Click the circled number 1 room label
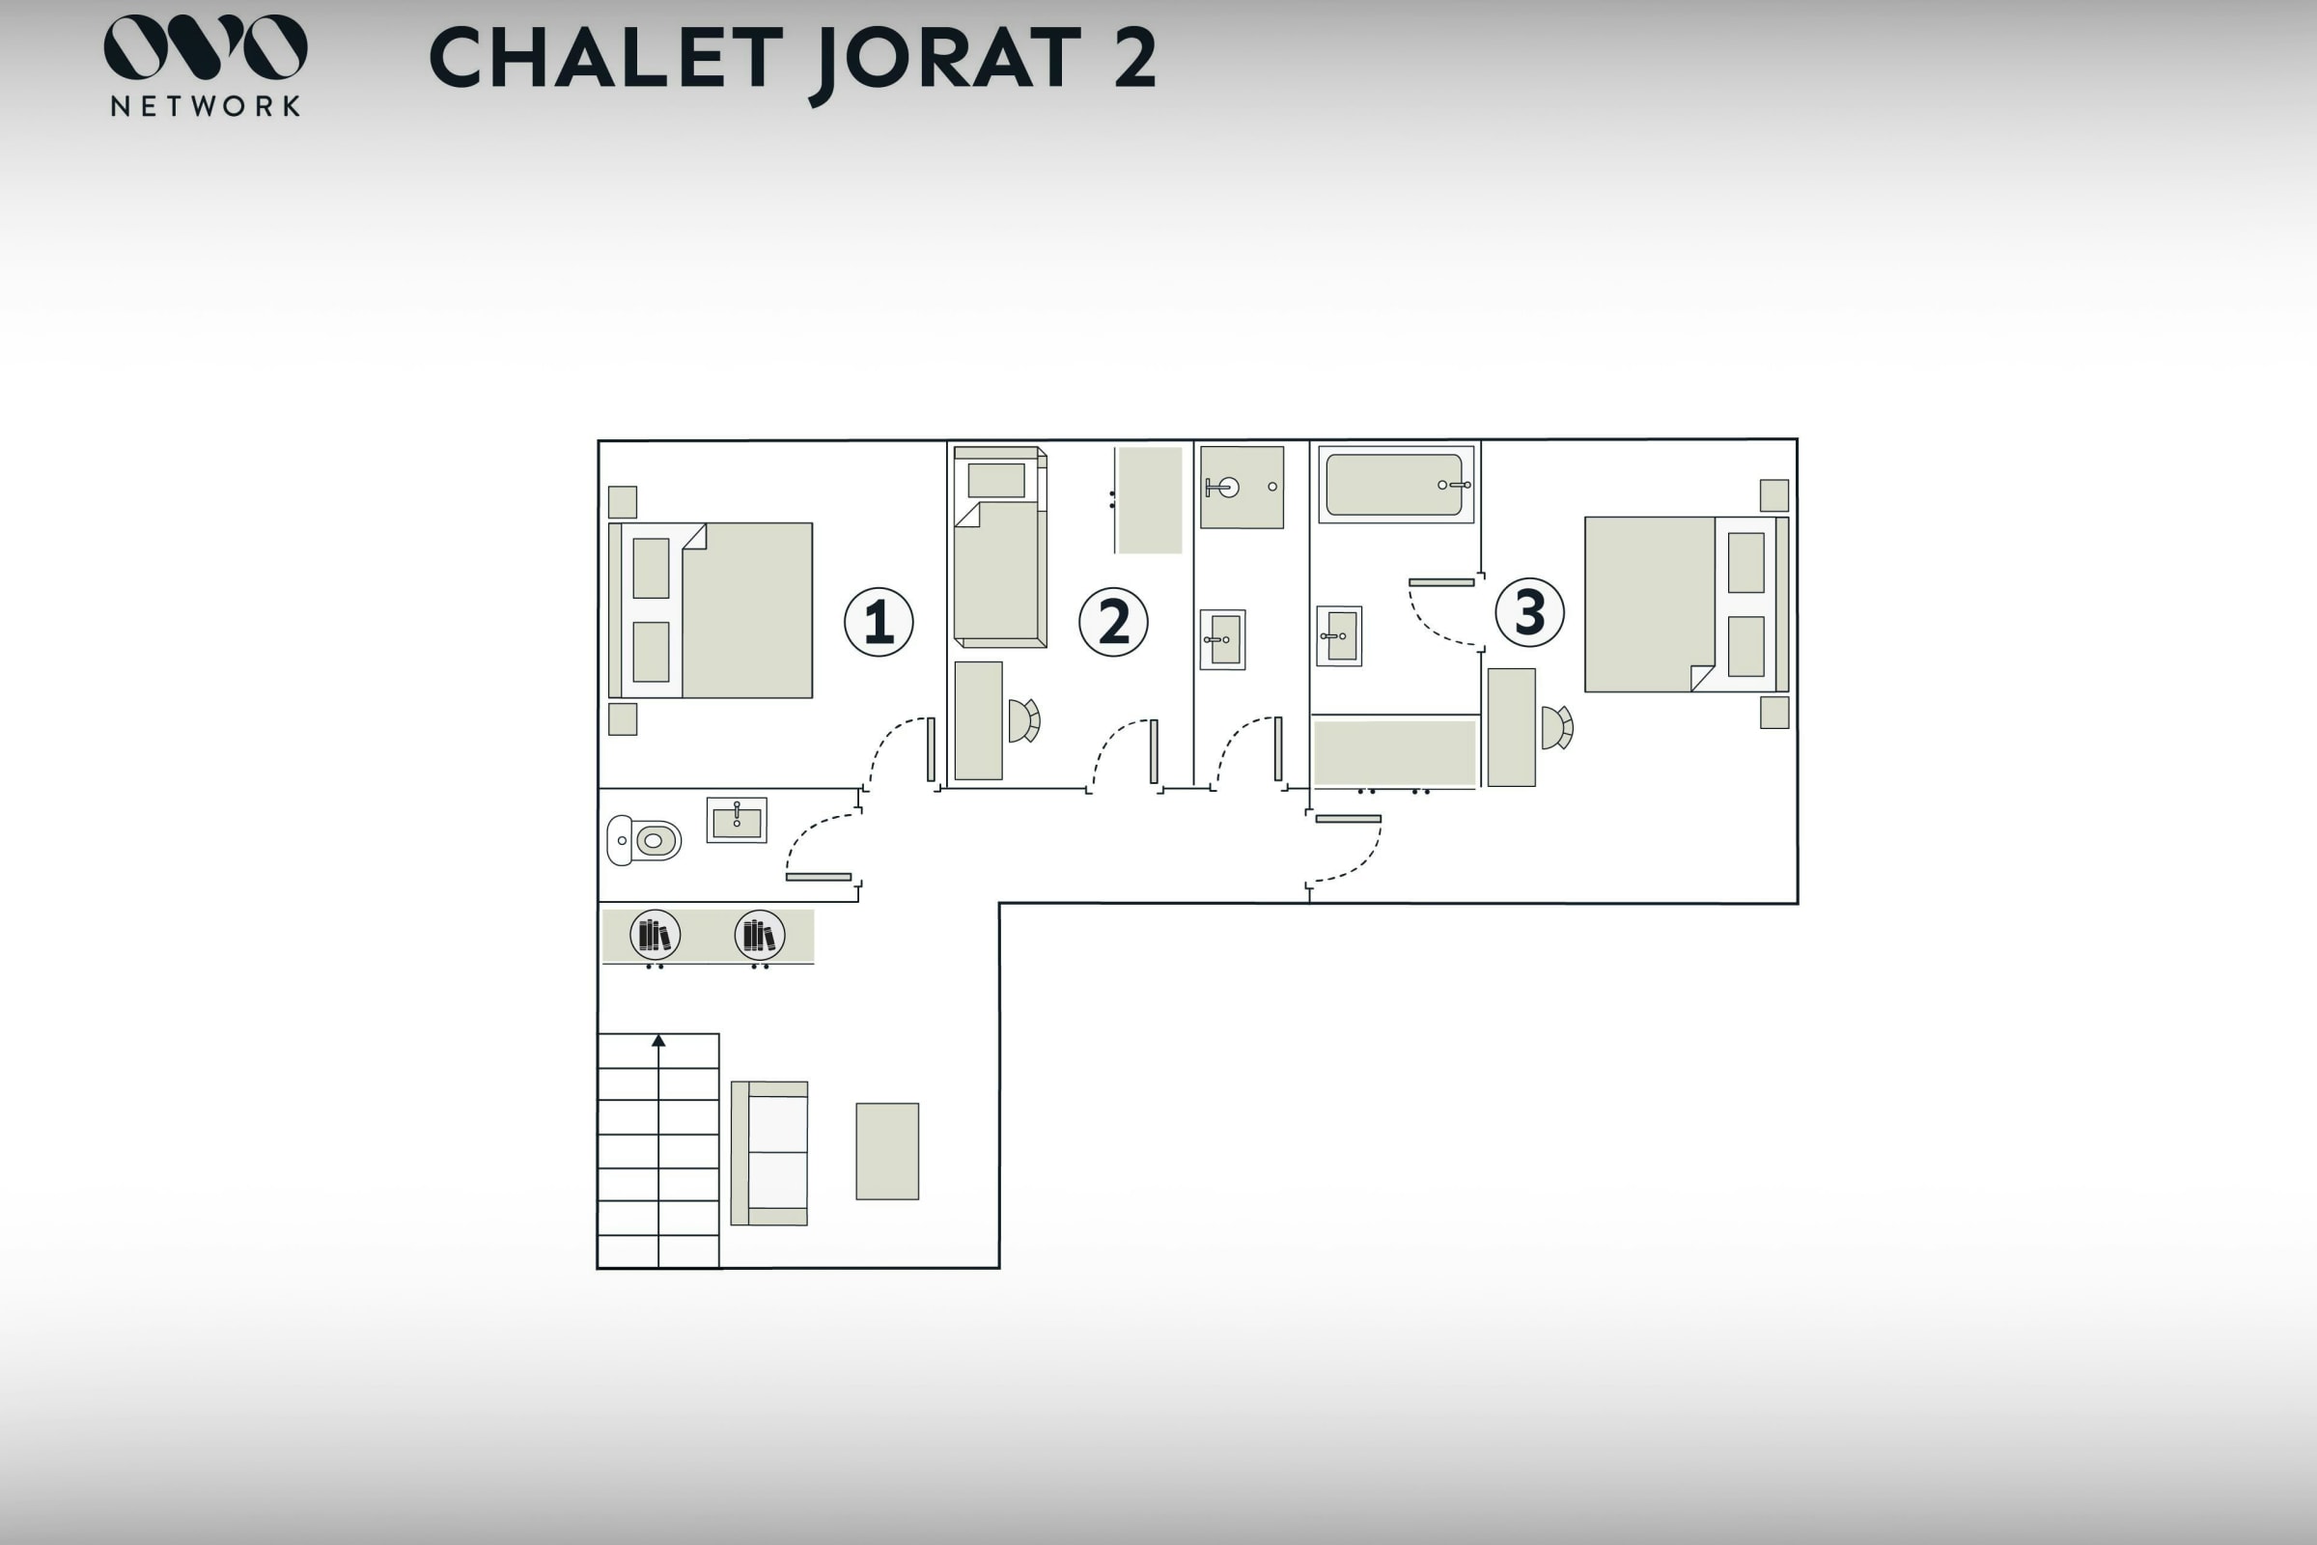click(x=879, y=622)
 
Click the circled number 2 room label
click(x=1113, y=622)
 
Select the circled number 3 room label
click(x=1530, y=612)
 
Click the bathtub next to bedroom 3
click(x=1396, y=484)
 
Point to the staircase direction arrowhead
click(x=658, y=1041)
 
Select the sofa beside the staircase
click(x=769, y=1153)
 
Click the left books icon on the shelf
click(x=656, y=935)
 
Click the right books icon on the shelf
click(x=760, y=935)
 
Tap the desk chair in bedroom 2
click(x=1024, y=720)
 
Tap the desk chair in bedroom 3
click(x=1557, y=728)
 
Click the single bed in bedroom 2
click(x=1000, y=548)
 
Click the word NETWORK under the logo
click(x=206, y=106)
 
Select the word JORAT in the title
click(x=945, y=59)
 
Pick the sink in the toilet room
click(x=737, y=820)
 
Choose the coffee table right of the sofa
click(x=887, y=1151)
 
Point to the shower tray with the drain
click(x=1242, y=487)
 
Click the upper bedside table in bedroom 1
click(x=623, y=501)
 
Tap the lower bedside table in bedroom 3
click(x=1774, y=713)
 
